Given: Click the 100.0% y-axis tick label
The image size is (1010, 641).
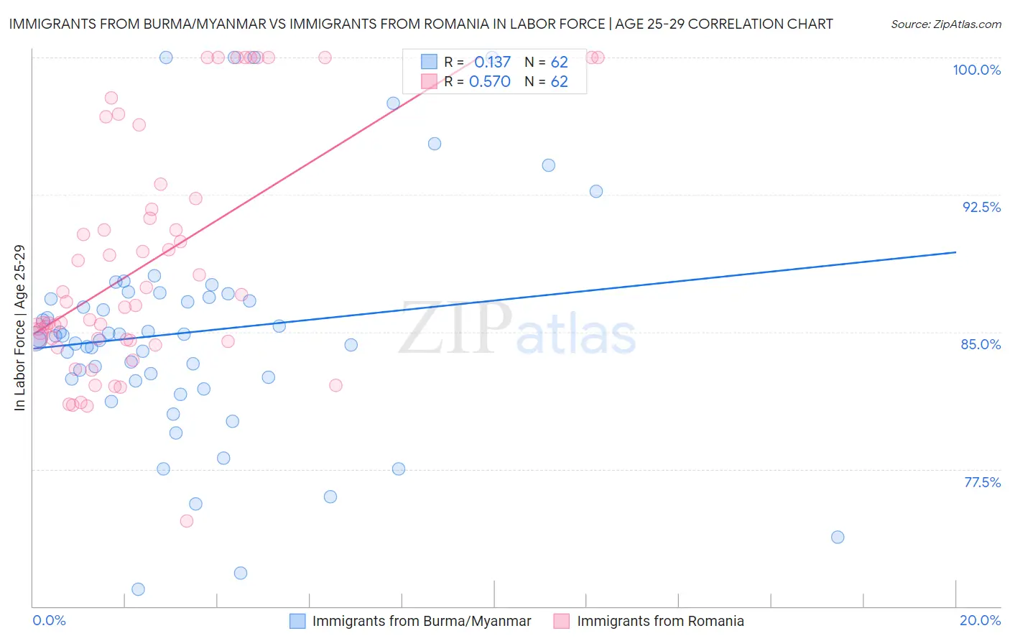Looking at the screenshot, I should pyautogui.click(x=976, y=70).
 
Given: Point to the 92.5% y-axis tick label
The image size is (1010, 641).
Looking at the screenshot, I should pyautogui.click(x=981, y=207).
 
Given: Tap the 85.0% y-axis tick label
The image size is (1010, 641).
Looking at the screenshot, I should pyautogui.click(x=981, y=344).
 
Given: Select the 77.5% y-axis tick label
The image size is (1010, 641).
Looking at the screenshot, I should pyautogui.click(x=982, y=482).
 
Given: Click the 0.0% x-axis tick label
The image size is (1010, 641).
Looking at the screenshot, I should pyautogui.click(x=49, y=620).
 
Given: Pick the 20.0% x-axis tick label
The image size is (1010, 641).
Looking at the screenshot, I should pyautogui.click(x=980, y=620).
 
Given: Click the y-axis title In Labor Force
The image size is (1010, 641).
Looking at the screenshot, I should pyautogui.click(x=19, y=328).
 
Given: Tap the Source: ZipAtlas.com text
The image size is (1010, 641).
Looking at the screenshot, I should pyautogui.click(x=945, y=24).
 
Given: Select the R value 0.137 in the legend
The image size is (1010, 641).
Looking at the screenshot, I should pyautogui.click(x=492, y=62).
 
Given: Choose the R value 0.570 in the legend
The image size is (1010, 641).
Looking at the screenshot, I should pyautogui.click(x=489, y=82).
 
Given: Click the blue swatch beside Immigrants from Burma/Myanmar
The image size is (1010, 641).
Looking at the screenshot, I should pyautogui.click(x=297, y=621).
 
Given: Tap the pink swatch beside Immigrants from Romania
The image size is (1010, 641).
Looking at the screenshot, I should pyautogui.click(x=562, y=621).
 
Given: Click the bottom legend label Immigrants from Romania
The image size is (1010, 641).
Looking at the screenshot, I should pyautogui.click(x=660, y=621).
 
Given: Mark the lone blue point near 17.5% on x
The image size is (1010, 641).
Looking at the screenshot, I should pyautogui.click(x=837, y=537).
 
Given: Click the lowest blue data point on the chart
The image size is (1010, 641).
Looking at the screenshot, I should pyautogui.click(x=138, y=589).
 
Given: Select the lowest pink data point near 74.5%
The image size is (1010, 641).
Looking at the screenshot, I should pyautogui.click(x=187, y=521).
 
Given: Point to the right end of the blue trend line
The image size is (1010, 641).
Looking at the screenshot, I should pyautogui.click(x=955, y=252).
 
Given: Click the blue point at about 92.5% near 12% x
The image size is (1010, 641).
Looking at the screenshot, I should pyautogui.click(x=596, y=191).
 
